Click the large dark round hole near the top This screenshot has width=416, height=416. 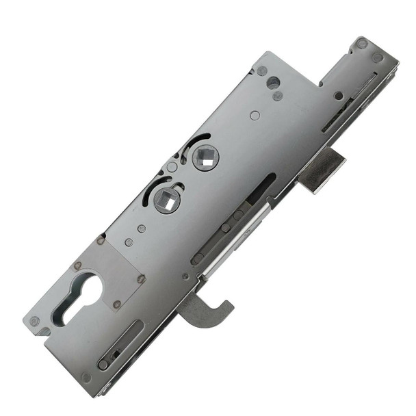point(273,83)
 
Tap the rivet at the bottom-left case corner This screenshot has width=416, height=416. point(35,320)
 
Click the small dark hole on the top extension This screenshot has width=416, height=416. point(338,96)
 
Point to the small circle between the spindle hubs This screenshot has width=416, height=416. point(173,167)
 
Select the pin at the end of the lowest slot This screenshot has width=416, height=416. point(103,365)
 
